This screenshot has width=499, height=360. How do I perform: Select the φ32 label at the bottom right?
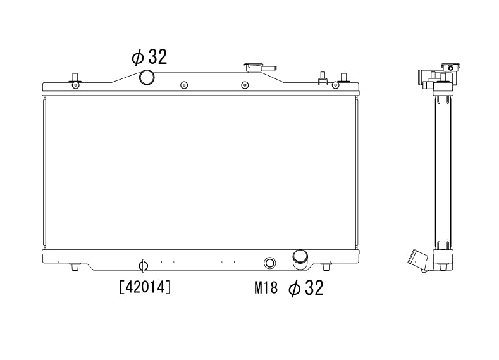pos(305,289)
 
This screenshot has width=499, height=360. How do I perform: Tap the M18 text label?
pos(266,289)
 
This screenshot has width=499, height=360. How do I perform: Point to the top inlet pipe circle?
pos(147,77)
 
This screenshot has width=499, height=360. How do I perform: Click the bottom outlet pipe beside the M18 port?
pos(299,258)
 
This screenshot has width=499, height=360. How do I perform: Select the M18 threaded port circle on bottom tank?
pos(270,263)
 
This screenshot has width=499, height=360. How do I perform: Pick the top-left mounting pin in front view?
pos(75,78)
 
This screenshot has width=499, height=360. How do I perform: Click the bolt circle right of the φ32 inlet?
pos(183,85)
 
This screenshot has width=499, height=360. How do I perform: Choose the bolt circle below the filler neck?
pos(245,85)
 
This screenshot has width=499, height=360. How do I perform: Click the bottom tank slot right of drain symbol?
pos(167,261)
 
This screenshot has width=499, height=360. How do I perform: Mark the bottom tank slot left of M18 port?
pos(228,261)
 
